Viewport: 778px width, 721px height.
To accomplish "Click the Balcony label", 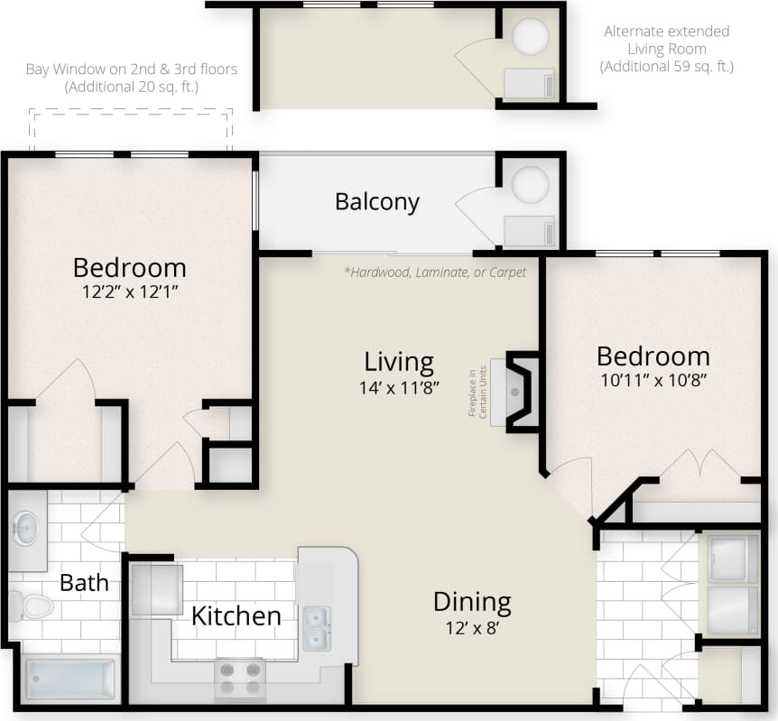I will pyautogui.click(x=377, y=201).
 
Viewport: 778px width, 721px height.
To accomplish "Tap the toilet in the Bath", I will pyautogui.click(x=34, y=604).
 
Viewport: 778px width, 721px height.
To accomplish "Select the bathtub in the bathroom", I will pyautogui.click(x=69, y=679).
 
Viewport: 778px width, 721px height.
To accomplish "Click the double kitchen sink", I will pyautogui.click(x=316, y=628).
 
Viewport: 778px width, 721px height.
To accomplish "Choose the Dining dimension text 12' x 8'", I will pyautogui.click(x=472, y=628).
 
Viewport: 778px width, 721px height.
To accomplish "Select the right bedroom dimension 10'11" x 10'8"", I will pyautogui.click(x=653, y=380).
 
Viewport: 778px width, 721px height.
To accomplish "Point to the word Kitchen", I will pyautogui.click(x=236, y=616).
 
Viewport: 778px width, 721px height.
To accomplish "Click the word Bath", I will pyautogui.click(x=84, y=583).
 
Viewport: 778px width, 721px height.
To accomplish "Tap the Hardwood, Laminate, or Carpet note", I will pyautogui.click(x=435, y=272).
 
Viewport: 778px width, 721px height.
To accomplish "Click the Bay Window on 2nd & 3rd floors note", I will pyautogui.click(x=132, y=79).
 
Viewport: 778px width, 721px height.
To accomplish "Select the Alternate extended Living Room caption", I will pyautogui.click(x=667, y=49).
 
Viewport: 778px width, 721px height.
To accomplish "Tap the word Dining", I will pyautogui.click(x=472, y=602).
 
